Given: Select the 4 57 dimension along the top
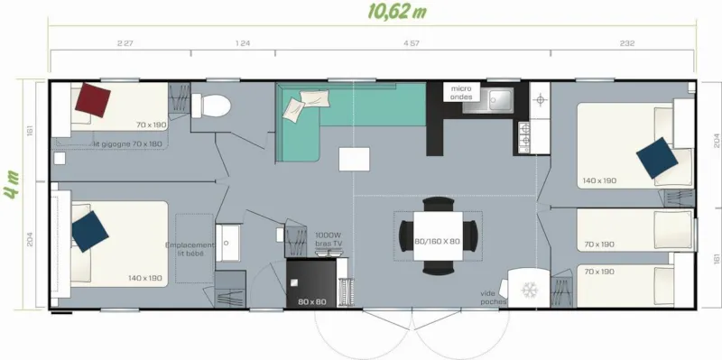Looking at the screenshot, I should (x=411, y=42).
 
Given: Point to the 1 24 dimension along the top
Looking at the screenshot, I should (x=242, y=42).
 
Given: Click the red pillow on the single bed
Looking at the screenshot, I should (x=94, y=98).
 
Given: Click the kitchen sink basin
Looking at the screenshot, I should (x=497, y=98).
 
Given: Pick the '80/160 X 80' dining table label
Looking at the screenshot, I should (x=437, y=242).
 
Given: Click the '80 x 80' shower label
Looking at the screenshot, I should (x=312, y=301).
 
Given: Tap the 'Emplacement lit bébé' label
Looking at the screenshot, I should (x=190, y=248).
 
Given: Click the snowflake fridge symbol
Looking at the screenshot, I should (x=527, y=290).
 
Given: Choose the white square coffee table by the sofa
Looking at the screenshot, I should (x=354, y=159).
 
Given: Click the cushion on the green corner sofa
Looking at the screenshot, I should (x=296, y=111).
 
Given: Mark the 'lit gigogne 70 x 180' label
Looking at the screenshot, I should (x=127, y=144).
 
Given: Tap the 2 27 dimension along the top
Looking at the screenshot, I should (x=125, y=42).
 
